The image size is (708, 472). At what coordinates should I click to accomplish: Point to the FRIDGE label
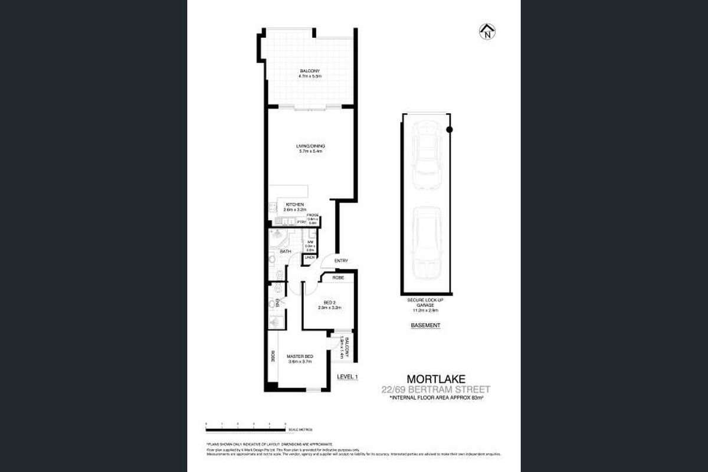point(313,215)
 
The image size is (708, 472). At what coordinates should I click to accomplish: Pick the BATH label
point(286,252)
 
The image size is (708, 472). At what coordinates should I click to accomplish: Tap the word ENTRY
point(341,261)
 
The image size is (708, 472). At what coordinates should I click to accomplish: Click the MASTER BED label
point(300,357)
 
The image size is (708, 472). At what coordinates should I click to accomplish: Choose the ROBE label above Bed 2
point(338,277)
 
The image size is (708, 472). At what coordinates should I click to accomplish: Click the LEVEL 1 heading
point(348,376)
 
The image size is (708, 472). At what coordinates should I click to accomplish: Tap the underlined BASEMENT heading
point(425,325)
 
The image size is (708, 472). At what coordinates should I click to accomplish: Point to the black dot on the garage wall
point(449,129)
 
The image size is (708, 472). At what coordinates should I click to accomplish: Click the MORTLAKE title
point(434,378)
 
